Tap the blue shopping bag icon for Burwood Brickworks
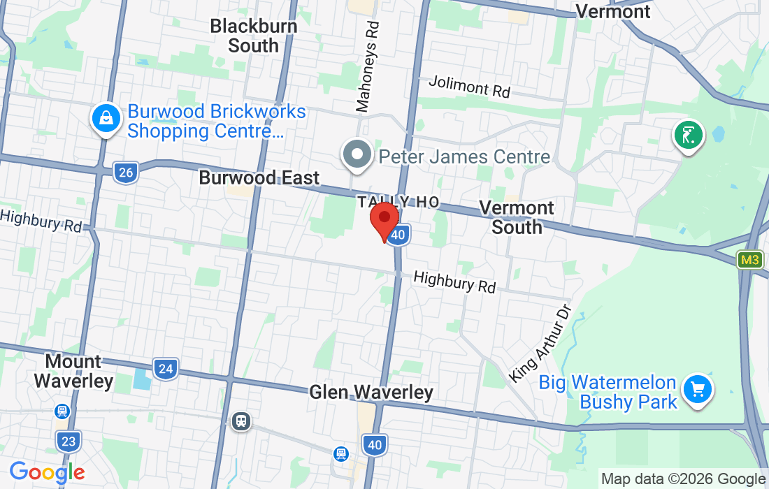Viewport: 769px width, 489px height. [105, 119]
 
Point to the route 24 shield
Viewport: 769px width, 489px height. [166, 368]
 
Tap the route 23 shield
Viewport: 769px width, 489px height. [67, 441]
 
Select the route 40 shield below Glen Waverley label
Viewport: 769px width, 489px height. [374, 444]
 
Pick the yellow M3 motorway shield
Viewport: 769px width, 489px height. [749, 260]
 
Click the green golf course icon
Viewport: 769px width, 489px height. [688, 135]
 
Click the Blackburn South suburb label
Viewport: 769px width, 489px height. [254, 36]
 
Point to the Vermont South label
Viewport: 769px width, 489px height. [517, 217]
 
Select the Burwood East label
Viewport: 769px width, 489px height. [259, 177]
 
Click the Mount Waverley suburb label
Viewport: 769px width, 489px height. [73, 371]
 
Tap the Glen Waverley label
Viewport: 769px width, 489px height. [371, 392]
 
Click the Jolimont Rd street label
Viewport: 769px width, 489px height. [469, 87]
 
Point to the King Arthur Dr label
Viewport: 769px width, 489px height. [540, 343]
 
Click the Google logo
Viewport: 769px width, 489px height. [47, 473]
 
